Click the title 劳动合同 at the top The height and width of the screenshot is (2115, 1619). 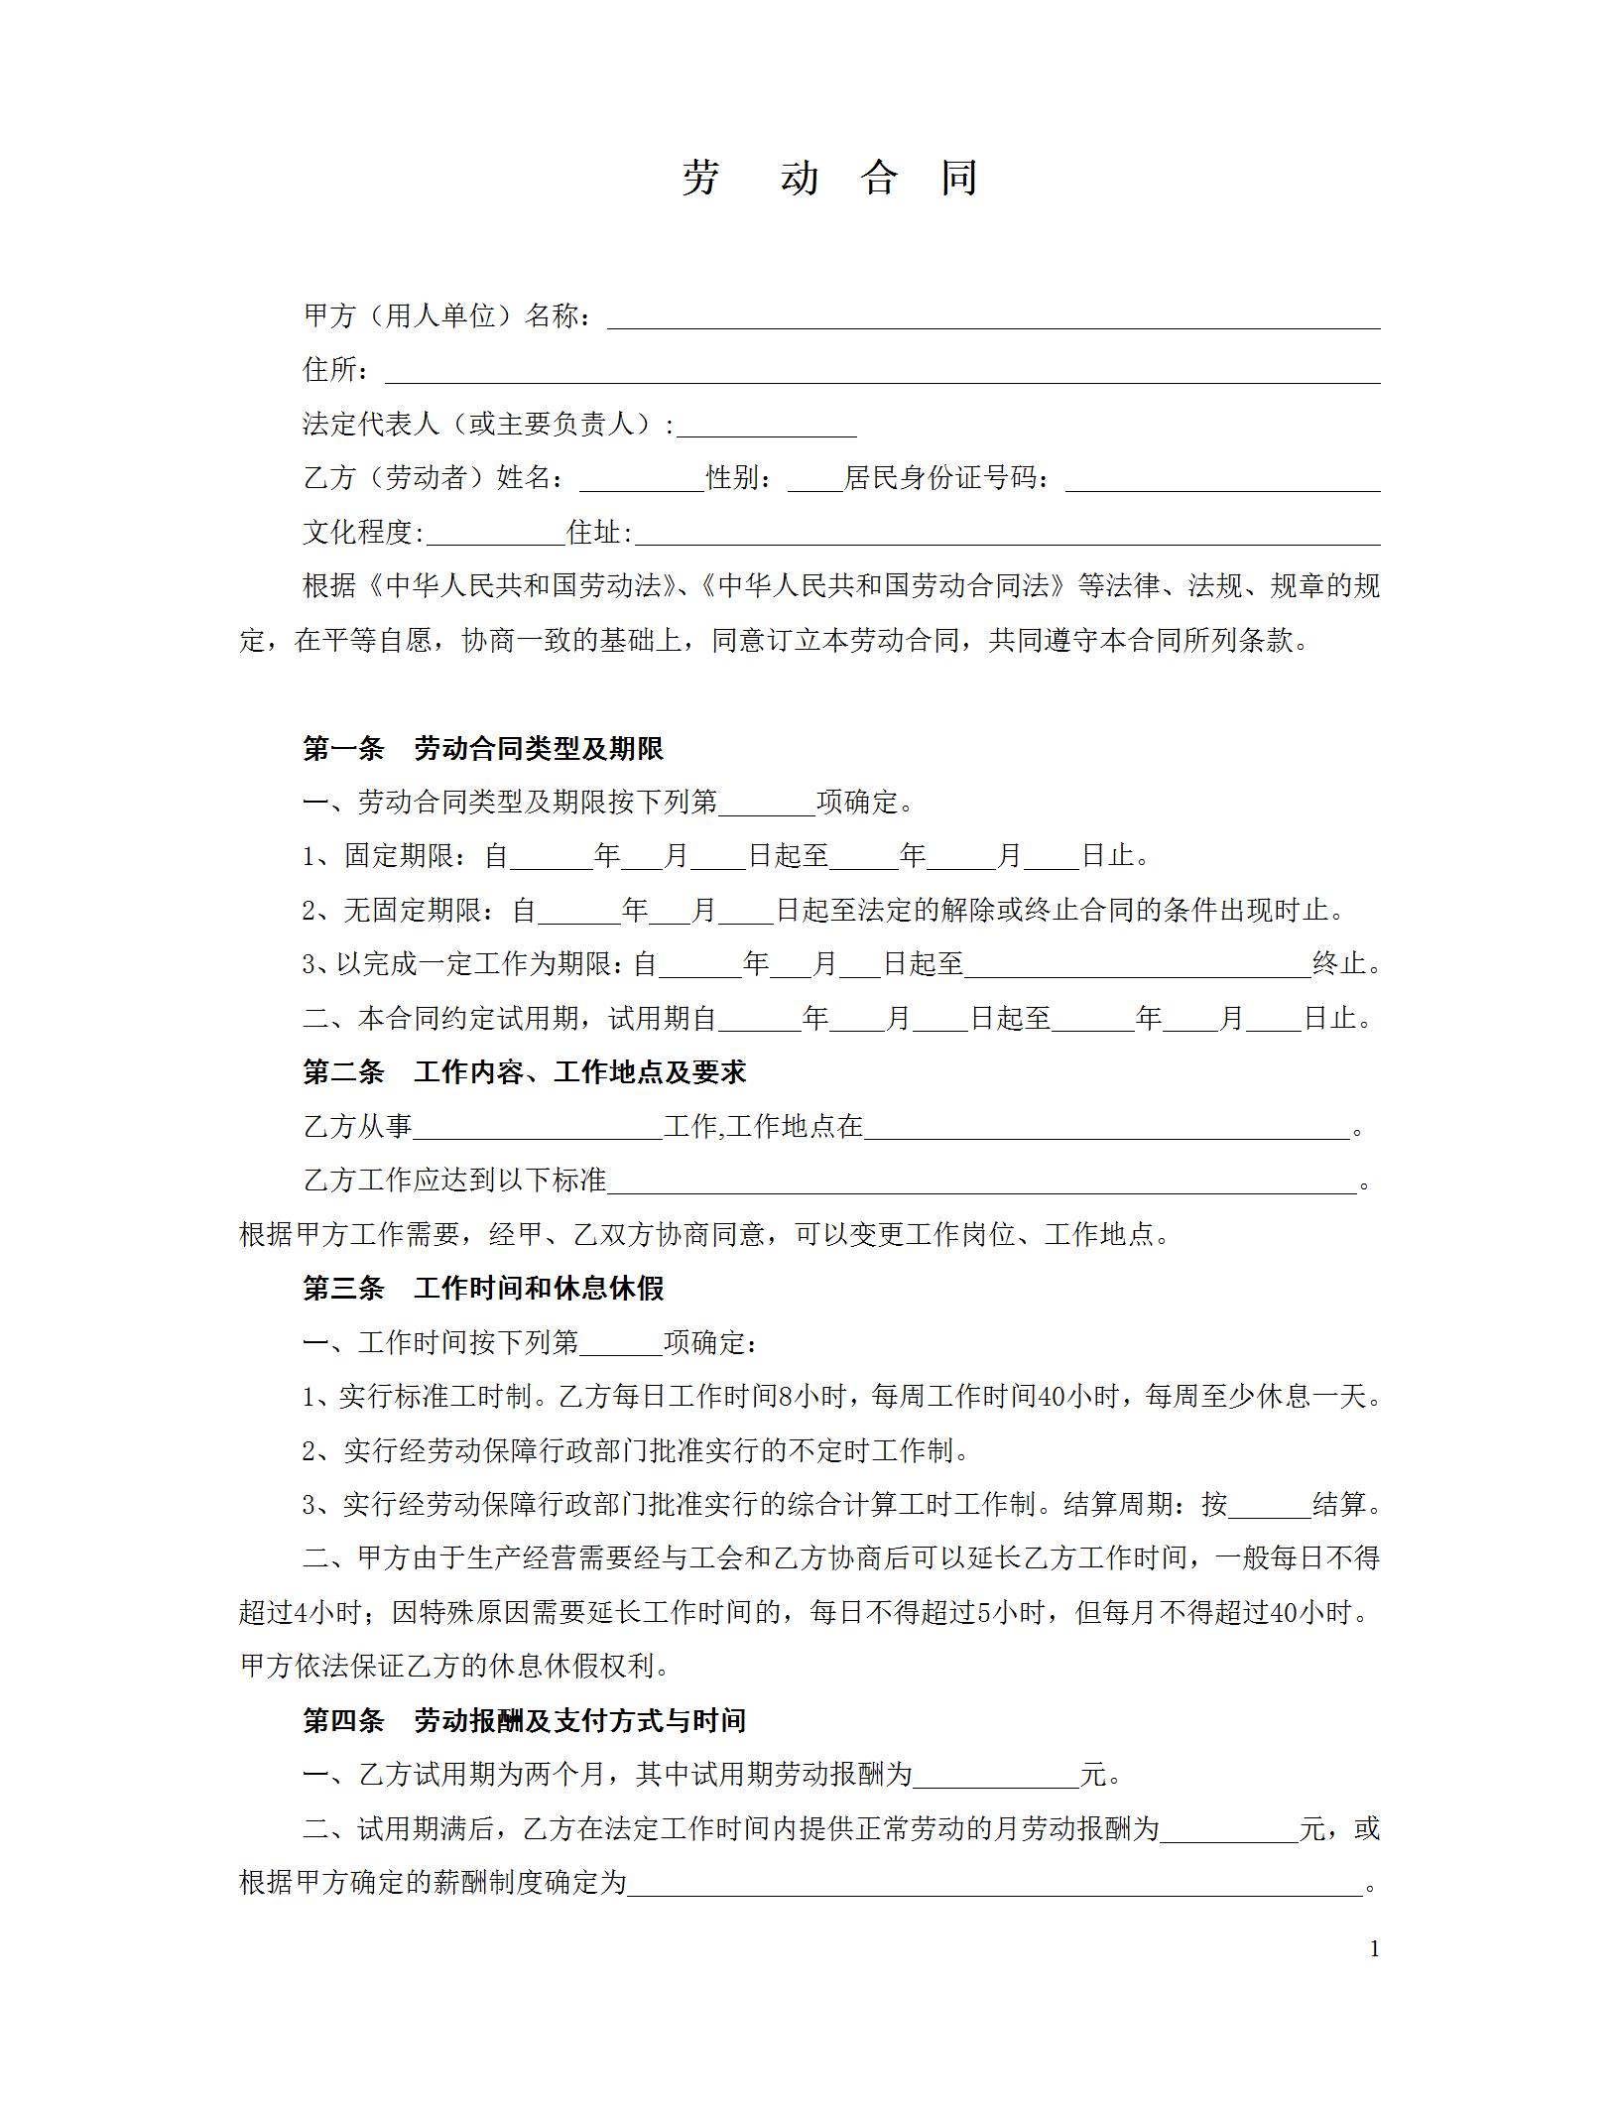[829, 179]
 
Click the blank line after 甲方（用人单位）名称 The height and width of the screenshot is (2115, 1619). [992, 317]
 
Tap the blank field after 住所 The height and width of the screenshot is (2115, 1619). [881, 372]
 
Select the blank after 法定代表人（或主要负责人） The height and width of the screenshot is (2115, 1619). [766, 427]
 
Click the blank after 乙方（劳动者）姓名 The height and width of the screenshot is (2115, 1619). [641, 480]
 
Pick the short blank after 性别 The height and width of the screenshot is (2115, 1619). [813, 480]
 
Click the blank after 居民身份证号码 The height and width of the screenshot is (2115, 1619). [1222, 480]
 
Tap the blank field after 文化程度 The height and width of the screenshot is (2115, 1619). [494, 535]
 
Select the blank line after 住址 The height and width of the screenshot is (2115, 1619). [1006, 535]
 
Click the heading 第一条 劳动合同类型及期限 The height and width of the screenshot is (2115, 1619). [483, 749]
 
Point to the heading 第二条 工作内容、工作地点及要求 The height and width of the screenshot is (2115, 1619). [524, 1072]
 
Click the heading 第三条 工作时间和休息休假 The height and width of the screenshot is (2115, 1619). [483, 1289]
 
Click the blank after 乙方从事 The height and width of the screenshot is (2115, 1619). [538, 1128]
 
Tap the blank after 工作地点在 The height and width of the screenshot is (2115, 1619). [1106, 1128]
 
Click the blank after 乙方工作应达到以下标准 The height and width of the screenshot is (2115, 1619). [980, 1182]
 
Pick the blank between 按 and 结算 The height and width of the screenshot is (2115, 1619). [1269, 1505]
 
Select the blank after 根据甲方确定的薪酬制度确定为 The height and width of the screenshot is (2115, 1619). [995, 1883]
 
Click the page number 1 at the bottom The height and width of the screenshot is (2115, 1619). [1374, 1949]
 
